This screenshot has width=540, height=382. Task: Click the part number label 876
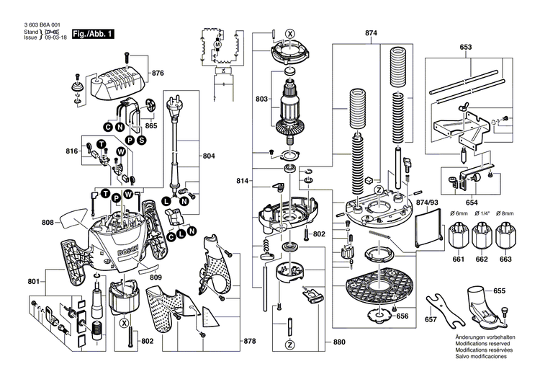(158, 74)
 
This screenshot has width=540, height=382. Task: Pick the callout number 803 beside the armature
(262, 99)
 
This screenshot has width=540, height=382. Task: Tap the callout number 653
(465, 48)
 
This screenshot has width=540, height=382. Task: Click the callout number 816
(72, 152)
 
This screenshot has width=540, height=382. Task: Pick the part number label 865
(151, 125)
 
